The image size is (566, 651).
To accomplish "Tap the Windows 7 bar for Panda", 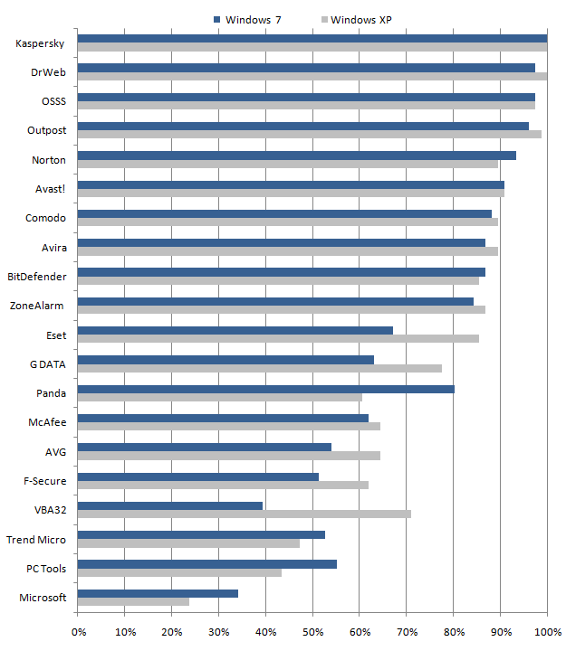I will coord(265,389).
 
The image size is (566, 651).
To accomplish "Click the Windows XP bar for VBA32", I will coord(244,514).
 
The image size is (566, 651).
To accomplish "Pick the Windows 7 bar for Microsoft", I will coord(158,593).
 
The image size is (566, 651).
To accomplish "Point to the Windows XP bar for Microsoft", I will coord(133,601).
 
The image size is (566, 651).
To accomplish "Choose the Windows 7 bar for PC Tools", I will coord(206,564).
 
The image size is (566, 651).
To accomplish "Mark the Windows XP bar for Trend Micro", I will coord(188,543).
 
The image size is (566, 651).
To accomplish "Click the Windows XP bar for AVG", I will coord(228,456).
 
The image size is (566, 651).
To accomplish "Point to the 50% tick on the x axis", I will coord(312,632).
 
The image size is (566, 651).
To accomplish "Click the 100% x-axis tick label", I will coord(546,632).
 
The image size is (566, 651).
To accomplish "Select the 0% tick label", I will coord(78,632).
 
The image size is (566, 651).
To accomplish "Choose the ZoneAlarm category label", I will coord(38,306).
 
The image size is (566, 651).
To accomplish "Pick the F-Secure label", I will coord(44,480).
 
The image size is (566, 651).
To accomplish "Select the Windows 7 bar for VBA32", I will coord(169,505).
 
